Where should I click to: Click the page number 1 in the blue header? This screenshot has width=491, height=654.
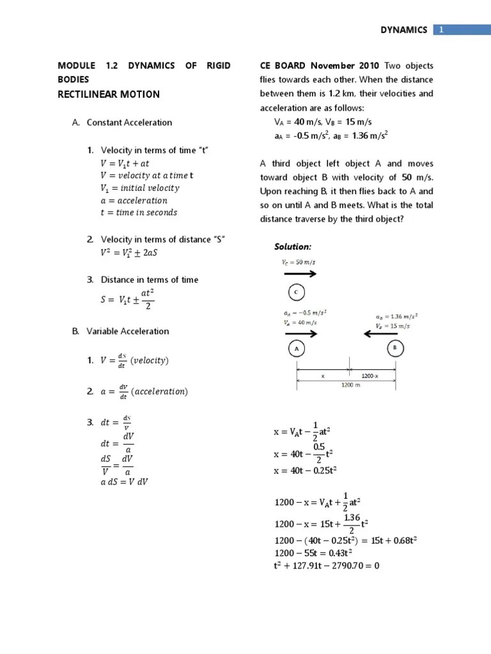coord(441,30)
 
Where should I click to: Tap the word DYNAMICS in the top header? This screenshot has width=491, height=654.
coord(404,30)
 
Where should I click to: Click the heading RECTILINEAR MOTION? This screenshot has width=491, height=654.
coord(109,95)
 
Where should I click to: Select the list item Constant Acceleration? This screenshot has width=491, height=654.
coord(129,123)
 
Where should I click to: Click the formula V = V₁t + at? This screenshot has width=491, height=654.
coord(125,163)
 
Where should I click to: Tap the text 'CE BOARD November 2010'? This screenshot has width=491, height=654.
coord(319,66)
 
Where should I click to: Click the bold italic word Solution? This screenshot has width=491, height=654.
coord(293,247)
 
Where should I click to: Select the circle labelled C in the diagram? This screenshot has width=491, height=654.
coord(296,293)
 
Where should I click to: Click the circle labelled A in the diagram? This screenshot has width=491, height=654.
coord(296,349)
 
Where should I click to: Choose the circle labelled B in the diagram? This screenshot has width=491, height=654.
coord(394,349)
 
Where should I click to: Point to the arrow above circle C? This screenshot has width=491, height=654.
coord(296,273)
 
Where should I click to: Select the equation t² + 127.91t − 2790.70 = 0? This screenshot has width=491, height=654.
coord(327,565)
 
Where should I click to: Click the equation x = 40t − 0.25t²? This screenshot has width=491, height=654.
coord(305,471)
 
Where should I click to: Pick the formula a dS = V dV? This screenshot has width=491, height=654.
coord(124,482)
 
